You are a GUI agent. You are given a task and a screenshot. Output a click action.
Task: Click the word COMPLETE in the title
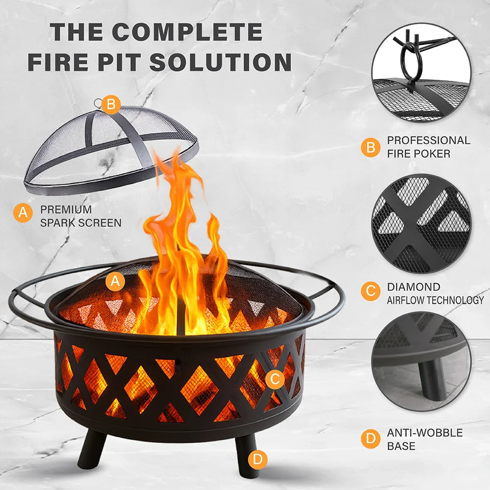click(187, 32)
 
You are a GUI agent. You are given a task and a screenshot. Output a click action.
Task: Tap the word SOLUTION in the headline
click(220, 62)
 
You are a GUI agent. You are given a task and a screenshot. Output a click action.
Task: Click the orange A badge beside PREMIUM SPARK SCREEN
click(23, 213)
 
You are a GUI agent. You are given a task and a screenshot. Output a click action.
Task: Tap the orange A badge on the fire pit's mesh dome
click(115, 281)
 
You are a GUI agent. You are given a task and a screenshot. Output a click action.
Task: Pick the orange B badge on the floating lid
click(111, 104)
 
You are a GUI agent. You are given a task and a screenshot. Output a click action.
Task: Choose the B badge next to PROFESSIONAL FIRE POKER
click(370, 147)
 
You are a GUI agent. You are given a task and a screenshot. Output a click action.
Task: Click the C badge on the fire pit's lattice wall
click(275, 379)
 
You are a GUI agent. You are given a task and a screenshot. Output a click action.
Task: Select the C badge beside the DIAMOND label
click(370, 291)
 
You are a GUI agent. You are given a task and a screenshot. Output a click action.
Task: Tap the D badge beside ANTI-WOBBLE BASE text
click(370, 439)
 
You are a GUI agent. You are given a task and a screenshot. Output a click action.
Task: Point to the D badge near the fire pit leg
click(258, 460)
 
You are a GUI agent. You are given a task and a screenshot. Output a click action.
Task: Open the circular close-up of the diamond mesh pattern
click(421, 223)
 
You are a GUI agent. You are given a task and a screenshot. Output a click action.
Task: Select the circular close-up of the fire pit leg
click(421, 361)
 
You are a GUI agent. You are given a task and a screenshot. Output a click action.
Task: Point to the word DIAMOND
click(414, 287)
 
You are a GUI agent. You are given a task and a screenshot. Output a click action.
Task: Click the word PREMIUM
click(66, 209)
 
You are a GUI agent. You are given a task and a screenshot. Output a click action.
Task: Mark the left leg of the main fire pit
click(91, 449)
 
